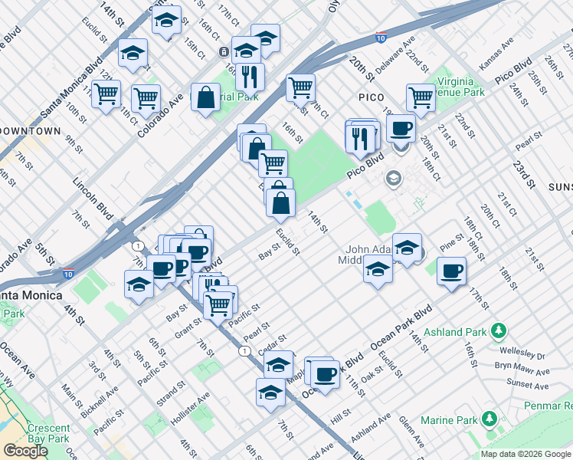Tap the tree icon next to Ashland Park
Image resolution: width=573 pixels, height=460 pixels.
point(499,331)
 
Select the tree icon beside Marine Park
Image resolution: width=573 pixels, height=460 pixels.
point(489,419)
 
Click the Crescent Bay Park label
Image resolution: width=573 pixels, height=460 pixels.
point(49,434)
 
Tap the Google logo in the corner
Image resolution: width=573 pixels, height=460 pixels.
point(25,451)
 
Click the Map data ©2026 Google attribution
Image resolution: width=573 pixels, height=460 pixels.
point(526,454)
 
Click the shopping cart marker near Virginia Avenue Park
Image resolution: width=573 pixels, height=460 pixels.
point(421,97)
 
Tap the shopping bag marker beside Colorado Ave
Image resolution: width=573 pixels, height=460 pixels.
point(205,97)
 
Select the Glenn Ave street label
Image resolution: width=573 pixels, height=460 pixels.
point(412,432)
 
